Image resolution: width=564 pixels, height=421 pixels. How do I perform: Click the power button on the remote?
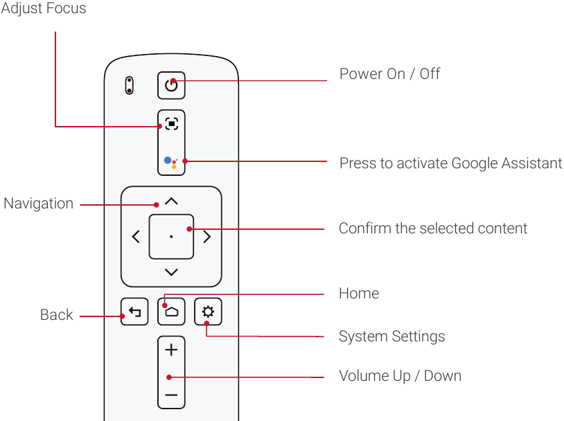pos(171,85)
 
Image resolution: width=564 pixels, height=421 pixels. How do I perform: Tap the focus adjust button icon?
pos(171,125)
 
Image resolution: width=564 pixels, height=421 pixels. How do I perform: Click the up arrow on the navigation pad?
pos(171,201)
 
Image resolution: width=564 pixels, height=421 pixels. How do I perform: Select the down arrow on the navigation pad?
pos(171,272)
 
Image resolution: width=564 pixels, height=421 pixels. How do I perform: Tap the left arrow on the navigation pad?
pos(136,237)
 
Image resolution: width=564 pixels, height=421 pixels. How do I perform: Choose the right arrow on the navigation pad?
pos(206,237)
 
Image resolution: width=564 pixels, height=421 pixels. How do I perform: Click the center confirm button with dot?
pos(171,237)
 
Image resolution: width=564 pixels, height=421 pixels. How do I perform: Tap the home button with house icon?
pos(171,312)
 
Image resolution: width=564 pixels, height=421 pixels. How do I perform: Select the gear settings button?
pos(208,312)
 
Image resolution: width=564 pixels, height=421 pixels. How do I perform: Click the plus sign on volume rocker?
pos(171,350)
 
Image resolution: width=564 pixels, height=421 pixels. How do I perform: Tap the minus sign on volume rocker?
pos(171,396)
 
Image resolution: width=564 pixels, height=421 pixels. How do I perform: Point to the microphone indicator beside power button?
pos(129,85)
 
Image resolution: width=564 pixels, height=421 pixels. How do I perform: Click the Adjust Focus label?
pos(44,9)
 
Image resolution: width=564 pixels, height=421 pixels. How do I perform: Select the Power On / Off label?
pos(389,74)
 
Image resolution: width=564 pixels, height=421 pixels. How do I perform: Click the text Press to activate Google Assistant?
pos(450,163)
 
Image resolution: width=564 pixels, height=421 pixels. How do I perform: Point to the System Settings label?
pos(391,337)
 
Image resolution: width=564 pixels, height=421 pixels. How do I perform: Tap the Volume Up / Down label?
pos(400,376)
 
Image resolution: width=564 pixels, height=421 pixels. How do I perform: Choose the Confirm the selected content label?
pos(433,229)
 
